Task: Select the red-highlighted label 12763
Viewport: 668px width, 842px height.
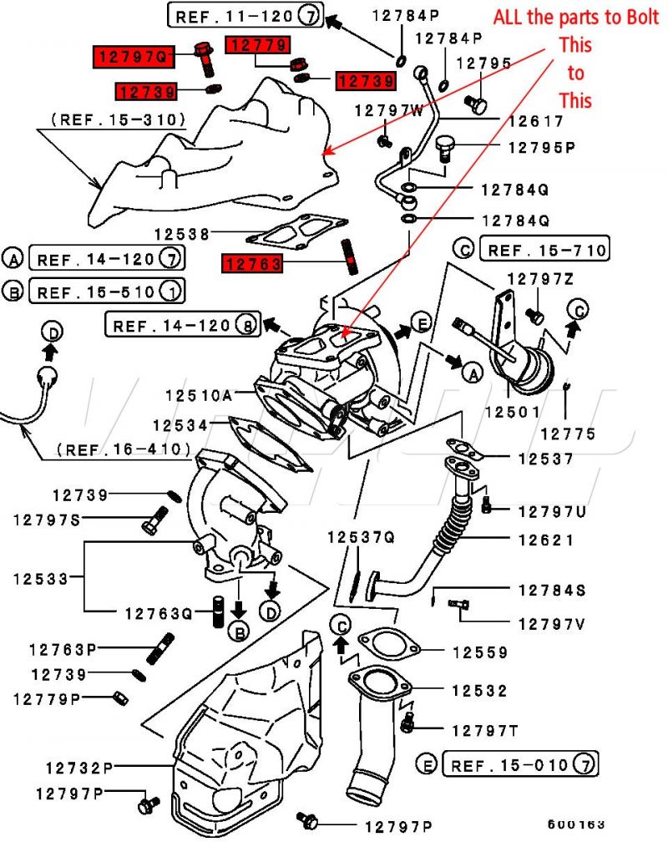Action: click(252, 264)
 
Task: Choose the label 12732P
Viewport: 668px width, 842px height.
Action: click(79, 767)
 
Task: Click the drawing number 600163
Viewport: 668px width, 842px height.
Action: click(577, 824)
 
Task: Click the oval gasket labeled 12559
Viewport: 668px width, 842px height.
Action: click(387, 644)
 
